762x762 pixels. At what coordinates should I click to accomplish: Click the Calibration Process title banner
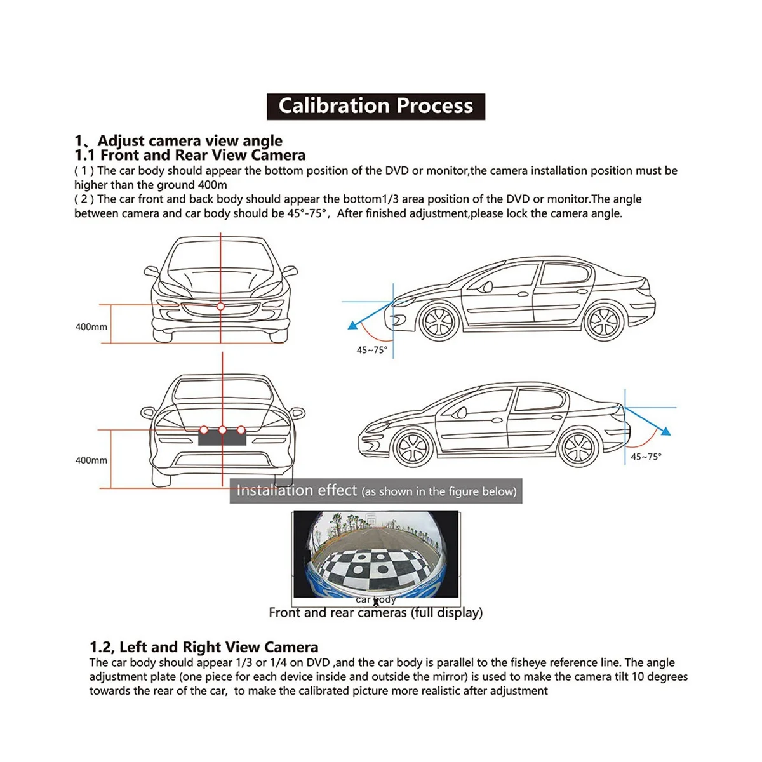(x=376, y=106)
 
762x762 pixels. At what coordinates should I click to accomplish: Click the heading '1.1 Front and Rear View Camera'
(x=190, y=155)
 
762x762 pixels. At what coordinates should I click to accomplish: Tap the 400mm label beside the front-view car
(x=91, y=327)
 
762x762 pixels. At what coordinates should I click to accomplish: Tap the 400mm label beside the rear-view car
(x=91, y=460)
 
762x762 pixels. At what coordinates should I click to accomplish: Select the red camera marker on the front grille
(x=220, y=307)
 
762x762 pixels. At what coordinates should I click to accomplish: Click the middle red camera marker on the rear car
(x=222, y=430)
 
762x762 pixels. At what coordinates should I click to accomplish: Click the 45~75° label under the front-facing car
(x=371, y=350)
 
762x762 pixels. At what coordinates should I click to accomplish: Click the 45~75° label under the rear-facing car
(x=646, y=457)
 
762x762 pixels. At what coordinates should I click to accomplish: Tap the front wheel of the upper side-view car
(x=439, y=321)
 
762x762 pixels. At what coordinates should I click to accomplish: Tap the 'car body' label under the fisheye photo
(x=375, y=599)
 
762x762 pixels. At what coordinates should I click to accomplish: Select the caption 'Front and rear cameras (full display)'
(x=375, y=613)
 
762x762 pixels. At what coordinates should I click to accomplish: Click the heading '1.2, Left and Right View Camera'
(x=204, y=647)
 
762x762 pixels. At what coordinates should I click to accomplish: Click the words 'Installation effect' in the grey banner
(x=297, y=490)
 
